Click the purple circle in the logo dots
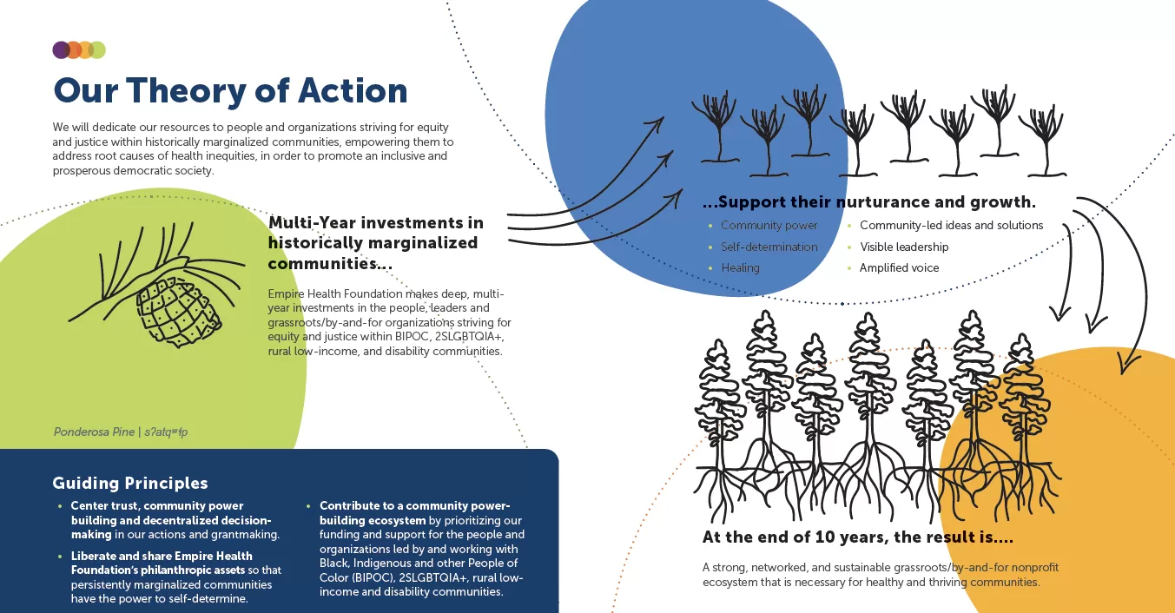click(61, 49)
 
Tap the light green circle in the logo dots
click(97, 49)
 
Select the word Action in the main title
click(353, 90)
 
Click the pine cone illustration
click(177, 311)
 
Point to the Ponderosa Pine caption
click(120, 432)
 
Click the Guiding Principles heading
click(130, 483)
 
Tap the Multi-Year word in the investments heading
click(312, 223)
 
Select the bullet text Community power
click(769, 226)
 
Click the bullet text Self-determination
click(769, 247)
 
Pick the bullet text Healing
click(740, 268)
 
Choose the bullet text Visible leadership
click(904, 247)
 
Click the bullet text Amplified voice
click(899, 268)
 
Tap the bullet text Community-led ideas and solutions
click(951, 226)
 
